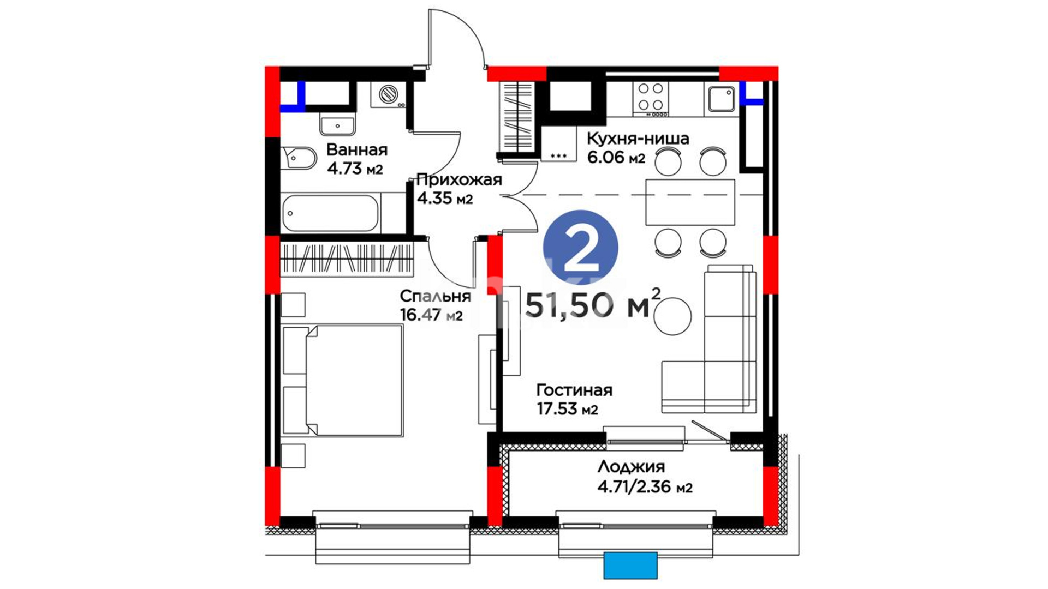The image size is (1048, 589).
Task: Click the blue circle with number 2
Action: tap(580, 248)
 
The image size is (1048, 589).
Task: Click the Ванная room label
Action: tap(357, 149)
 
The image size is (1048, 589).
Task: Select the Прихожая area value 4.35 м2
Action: tap(445, 198)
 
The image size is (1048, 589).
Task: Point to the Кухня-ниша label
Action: tap(638, 139)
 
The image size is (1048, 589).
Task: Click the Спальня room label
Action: tap(435, 296)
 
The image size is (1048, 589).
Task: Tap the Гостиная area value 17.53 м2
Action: tap(567, 409)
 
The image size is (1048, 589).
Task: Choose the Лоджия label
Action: tap(631, 467)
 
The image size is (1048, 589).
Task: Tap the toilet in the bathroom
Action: tap(299, 159)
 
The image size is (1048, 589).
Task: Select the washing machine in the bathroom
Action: tap(389, 94)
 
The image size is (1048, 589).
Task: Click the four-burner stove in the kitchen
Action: tap(651, 99)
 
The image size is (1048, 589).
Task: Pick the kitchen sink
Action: tap(722, 99)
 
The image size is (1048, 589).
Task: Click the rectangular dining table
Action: tap(690, 202)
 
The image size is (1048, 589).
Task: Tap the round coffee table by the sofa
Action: tap(672, 316)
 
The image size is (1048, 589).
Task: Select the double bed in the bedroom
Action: tap(343, 381)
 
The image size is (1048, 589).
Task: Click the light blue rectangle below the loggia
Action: tap(630, 566)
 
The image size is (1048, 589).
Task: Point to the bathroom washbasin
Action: tap(337, 125)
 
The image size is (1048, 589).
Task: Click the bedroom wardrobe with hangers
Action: tap(347, 259)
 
